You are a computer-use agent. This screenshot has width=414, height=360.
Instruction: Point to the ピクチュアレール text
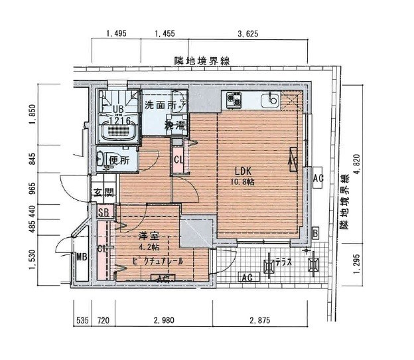point(157,261)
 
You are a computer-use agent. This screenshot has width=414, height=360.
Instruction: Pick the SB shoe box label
point(103,213)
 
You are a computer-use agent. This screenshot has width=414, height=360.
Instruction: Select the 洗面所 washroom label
point(161,105)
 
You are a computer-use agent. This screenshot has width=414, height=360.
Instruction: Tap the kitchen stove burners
point(234,100)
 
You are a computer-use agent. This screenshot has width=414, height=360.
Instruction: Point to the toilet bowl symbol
point(100,159)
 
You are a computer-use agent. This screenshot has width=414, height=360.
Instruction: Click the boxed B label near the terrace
point(315,232)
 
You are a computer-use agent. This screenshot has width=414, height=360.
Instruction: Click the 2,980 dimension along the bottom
point(164,320)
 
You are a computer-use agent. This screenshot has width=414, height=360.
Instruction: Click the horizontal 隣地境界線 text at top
point(202,60)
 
